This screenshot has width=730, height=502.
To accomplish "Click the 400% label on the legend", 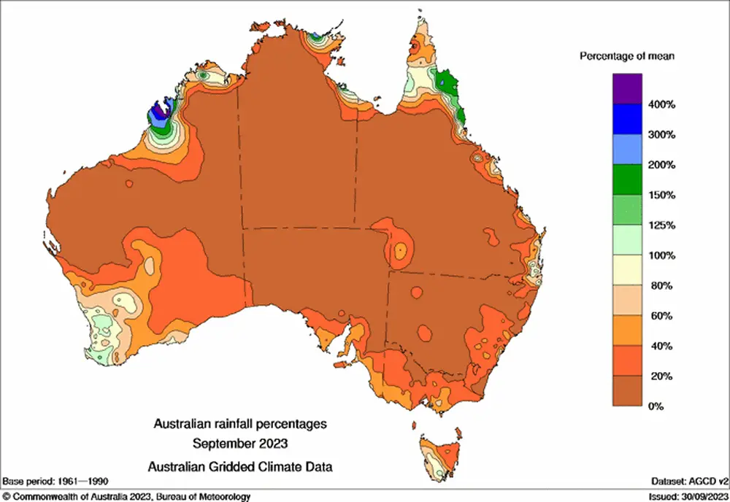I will tap(663, 105).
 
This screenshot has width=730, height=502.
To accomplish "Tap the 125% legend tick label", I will tap(663, 225).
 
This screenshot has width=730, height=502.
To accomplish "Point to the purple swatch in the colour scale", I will tap(628, 90).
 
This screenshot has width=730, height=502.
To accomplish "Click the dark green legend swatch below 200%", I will tap(628, 180).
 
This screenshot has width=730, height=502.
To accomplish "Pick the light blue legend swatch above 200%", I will tap(628, 150).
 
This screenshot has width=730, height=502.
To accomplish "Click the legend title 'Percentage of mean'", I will tap(626, 56).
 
